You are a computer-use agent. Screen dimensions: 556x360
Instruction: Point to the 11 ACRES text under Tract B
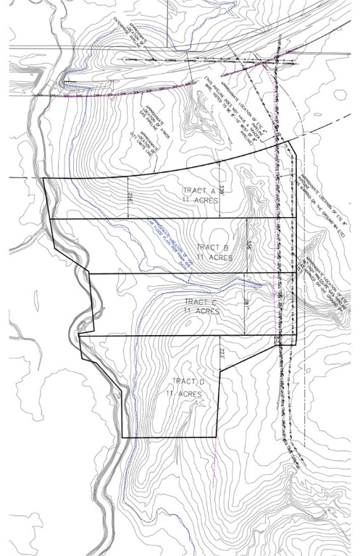tap(211, 257)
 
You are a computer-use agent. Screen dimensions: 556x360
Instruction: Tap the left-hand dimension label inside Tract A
tap(130, 197)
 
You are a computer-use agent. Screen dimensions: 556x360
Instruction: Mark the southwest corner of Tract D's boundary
tap(125, 437)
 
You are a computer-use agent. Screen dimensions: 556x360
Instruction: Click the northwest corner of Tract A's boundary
tap(43, 177)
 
